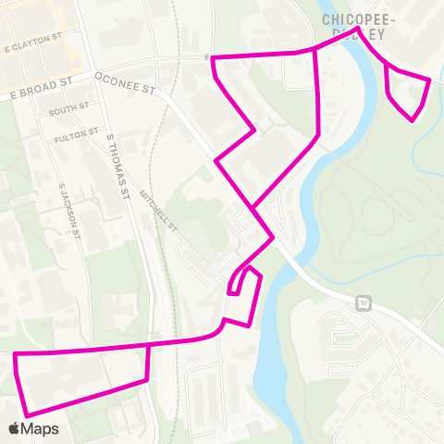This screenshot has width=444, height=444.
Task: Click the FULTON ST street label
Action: tap(77, 135)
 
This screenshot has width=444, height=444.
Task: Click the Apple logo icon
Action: tap(16, 428)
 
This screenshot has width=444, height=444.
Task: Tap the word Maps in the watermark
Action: tap(42, 428)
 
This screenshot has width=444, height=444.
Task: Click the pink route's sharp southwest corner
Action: tap(25, 413)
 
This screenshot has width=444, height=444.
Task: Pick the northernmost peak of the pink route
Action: tap(357, 29)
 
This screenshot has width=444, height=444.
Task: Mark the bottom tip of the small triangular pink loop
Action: tap(413, 119)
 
